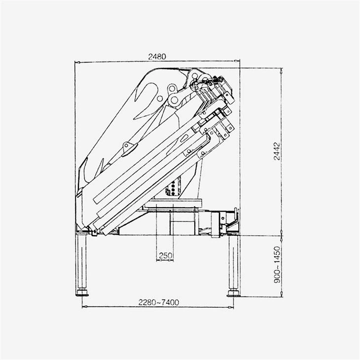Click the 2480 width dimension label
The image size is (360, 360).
click(157, 57)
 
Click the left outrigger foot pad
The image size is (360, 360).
click(82, 295)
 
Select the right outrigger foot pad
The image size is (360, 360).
click(232, 295)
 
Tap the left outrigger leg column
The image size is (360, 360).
click(82, 264)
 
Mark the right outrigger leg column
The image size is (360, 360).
click(232, 264)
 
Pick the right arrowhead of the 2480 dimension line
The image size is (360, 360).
click(238, 63)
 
